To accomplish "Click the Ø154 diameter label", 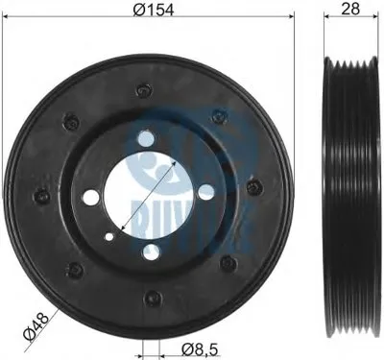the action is pyautogui.click(x=154, y=10).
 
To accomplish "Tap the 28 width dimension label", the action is pyautogui.click(x=350, y=9).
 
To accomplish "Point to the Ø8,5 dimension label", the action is pyautogui.click(x=200, y=349).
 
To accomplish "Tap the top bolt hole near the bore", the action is pyautogui.click(x=146, y=137).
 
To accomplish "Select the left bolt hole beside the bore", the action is pyautogui.click(x=91, y=197).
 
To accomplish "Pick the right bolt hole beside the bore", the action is pyautogui.click(x=205, y=191).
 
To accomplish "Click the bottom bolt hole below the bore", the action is pyautogui.click(x=151, y=252).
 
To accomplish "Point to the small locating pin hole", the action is pyautogui.click(x=109, y=237).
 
